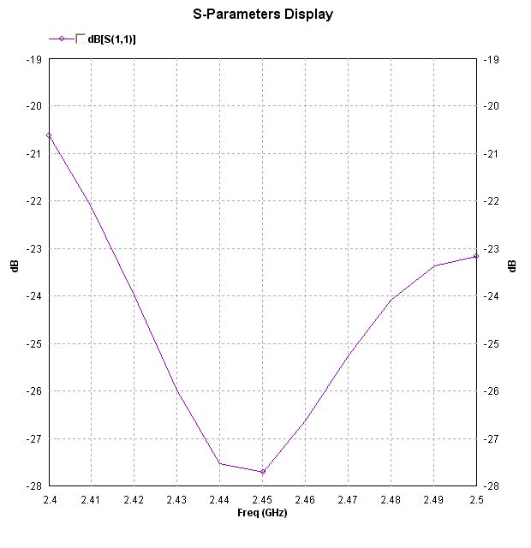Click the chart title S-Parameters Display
(263, 15)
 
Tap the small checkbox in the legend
(80, 39)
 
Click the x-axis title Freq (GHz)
(262, 512)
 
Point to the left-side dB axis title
(15, 266)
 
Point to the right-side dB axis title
(512, 266)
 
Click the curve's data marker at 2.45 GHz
(263, 472)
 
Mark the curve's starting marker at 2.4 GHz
(49, 135)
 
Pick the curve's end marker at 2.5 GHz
(476, 256)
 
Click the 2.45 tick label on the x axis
(263, 499)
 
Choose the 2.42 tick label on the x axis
(134, 499)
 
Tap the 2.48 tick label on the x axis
(391, 499)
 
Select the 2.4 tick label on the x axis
(49, 499)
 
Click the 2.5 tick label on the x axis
(476, 499)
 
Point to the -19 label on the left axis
(34, 59)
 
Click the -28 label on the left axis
(34, 486)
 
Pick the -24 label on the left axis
(34, 296)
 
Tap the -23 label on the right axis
(492, 249)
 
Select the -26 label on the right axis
(492, 391)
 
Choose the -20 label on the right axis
(492, 106)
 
